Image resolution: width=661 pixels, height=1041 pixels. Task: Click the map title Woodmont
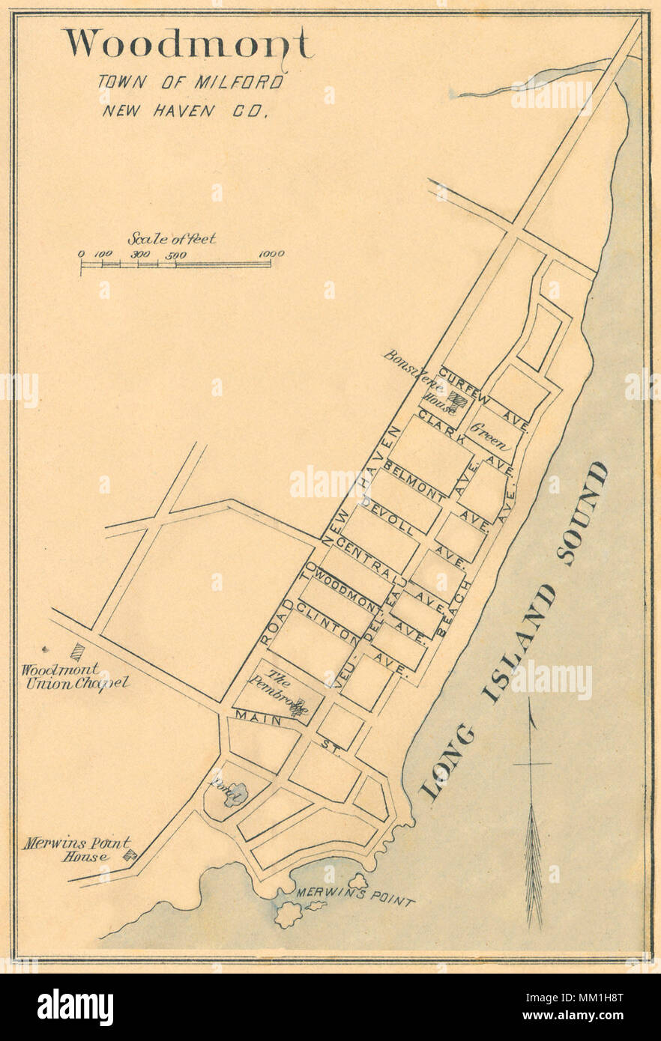tap(187, 45)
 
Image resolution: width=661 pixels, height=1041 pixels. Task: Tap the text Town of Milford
tap(190, 82)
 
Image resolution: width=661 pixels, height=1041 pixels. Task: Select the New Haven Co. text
tap(185, 111)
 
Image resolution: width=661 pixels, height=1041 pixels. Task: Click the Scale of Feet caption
tap(172, 239)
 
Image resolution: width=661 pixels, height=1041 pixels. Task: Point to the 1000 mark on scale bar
tap(271, 254)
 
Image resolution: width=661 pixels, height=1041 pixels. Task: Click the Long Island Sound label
tap(517, 629)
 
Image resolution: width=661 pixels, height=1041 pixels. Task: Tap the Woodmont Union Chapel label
tap(74, 676)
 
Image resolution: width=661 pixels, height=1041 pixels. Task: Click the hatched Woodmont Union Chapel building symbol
tap(76, 652)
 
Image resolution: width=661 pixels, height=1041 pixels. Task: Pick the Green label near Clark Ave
tap(492, 436)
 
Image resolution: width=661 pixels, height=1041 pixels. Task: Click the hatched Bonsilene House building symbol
tap(458, 400)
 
